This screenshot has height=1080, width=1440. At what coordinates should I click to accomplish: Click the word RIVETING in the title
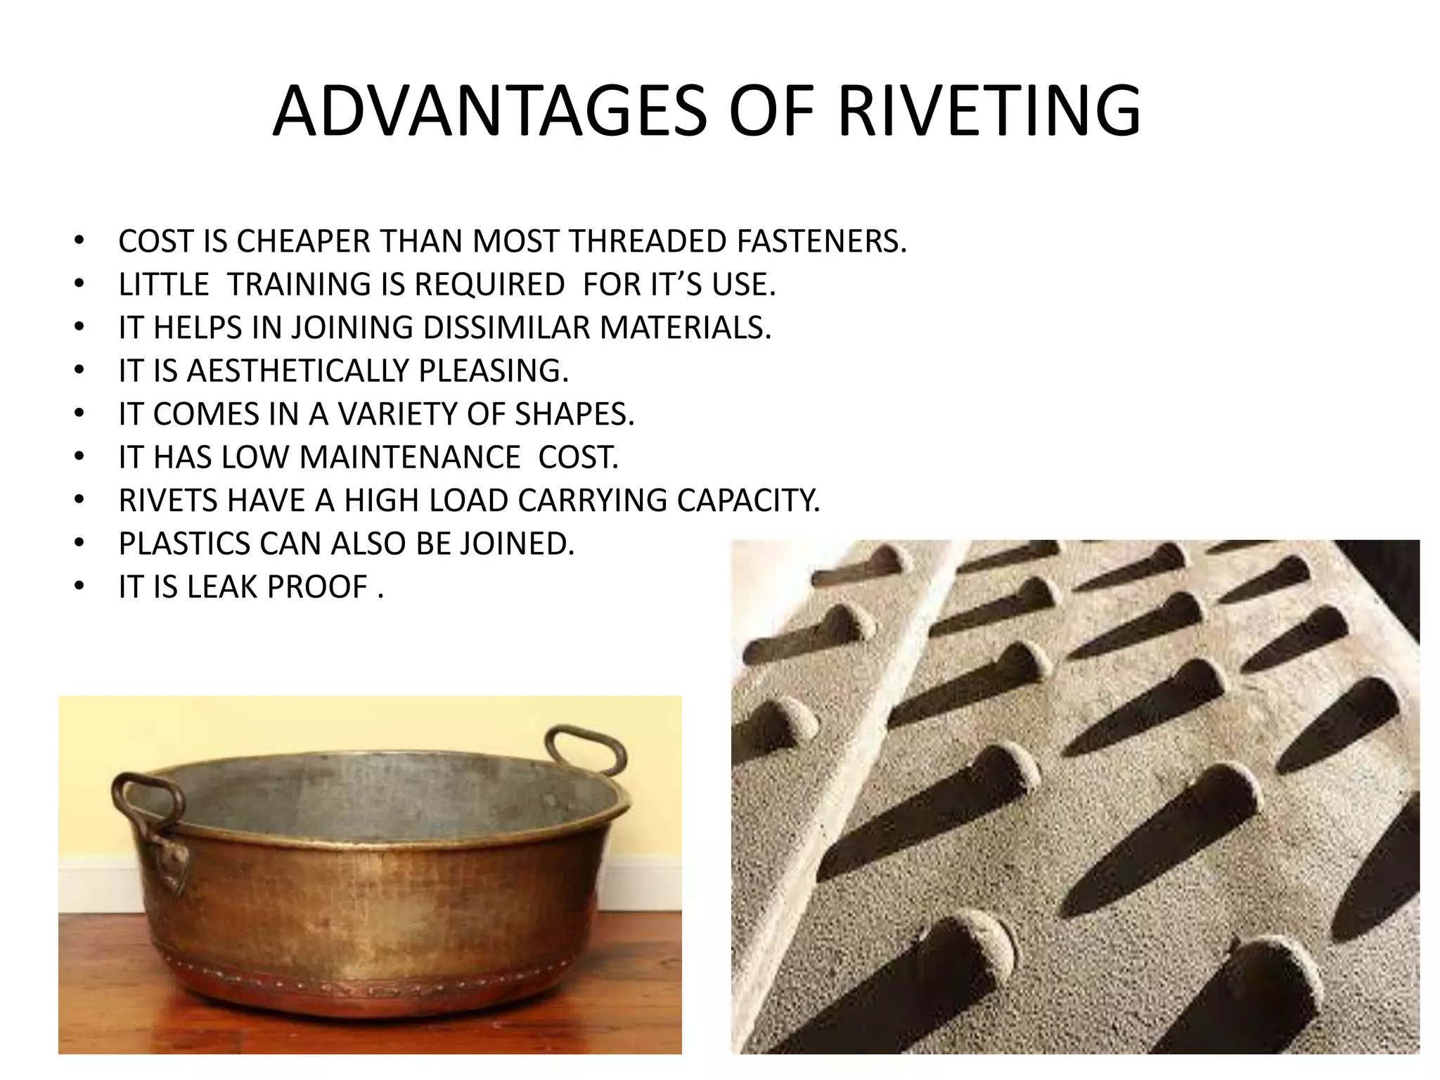(x=989, y=111)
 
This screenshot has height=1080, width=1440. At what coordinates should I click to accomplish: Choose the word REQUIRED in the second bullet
(x=489, y=285)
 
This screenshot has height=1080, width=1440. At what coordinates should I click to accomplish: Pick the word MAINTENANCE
(x=410, y=457)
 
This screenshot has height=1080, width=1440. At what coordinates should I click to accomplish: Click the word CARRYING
(x=593, y=501)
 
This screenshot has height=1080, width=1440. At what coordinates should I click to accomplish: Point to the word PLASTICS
(x=185, y=544)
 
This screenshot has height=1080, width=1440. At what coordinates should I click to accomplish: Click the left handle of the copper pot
(x=144, y=802)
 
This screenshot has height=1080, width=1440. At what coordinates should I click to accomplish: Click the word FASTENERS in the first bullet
(x=821, y=241)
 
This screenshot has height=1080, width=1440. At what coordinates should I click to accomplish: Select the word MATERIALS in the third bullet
(x=685, y=328)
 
